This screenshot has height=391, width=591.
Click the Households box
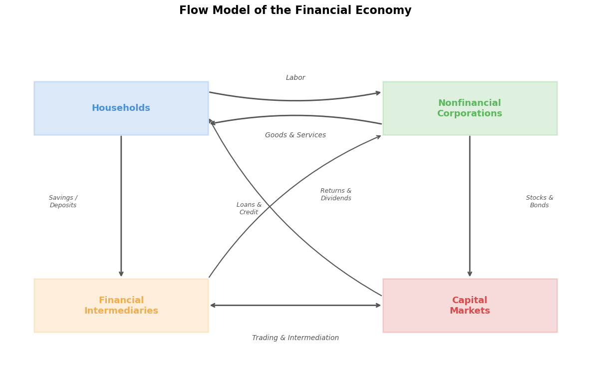121,108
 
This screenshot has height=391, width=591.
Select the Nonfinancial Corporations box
470,108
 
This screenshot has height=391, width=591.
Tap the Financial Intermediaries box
121,305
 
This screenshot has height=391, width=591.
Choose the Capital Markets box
470,305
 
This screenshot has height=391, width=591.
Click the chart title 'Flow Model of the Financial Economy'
295,10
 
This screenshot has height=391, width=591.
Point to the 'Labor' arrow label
295,78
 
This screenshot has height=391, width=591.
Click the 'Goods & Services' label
295,135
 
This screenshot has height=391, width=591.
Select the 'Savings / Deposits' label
63,202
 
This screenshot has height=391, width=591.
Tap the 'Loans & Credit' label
249,209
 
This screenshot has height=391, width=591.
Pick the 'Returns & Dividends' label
336,195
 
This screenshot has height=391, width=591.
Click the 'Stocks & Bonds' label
540,202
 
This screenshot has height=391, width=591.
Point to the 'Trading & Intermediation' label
295,338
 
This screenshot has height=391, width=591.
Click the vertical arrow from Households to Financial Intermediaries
121,205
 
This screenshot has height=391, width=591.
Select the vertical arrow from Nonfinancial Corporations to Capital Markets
470,205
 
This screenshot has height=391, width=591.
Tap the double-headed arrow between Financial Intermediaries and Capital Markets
295,305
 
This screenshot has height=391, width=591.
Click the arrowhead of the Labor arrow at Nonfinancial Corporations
378,92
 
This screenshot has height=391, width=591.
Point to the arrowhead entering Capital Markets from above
470,274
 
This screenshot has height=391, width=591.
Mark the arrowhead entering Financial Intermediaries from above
121,274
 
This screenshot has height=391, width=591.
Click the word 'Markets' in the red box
470,311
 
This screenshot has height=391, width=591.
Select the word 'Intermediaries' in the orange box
121,311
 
